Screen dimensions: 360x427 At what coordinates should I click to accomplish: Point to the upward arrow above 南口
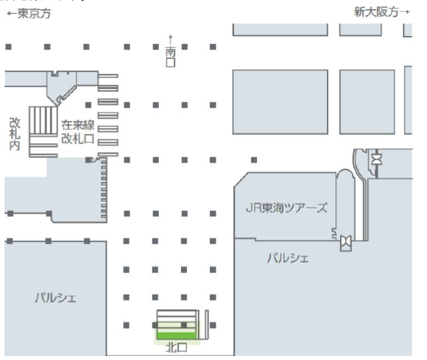tap(171, 39)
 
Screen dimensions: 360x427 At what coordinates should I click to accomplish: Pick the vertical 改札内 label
tap(14, 134)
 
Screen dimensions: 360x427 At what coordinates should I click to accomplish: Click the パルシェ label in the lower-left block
tap(56, 299)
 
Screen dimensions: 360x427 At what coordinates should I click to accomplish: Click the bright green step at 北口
tap(177, 336)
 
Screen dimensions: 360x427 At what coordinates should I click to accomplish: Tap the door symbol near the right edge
tap(377, 159)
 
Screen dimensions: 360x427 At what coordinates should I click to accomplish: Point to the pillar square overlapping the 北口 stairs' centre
tap(184, 324)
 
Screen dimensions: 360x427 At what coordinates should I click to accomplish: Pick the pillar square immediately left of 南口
tap(156, 47)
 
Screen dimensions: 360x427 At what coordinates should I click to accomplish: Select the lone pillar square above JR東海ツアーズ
tap(254, 159)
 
